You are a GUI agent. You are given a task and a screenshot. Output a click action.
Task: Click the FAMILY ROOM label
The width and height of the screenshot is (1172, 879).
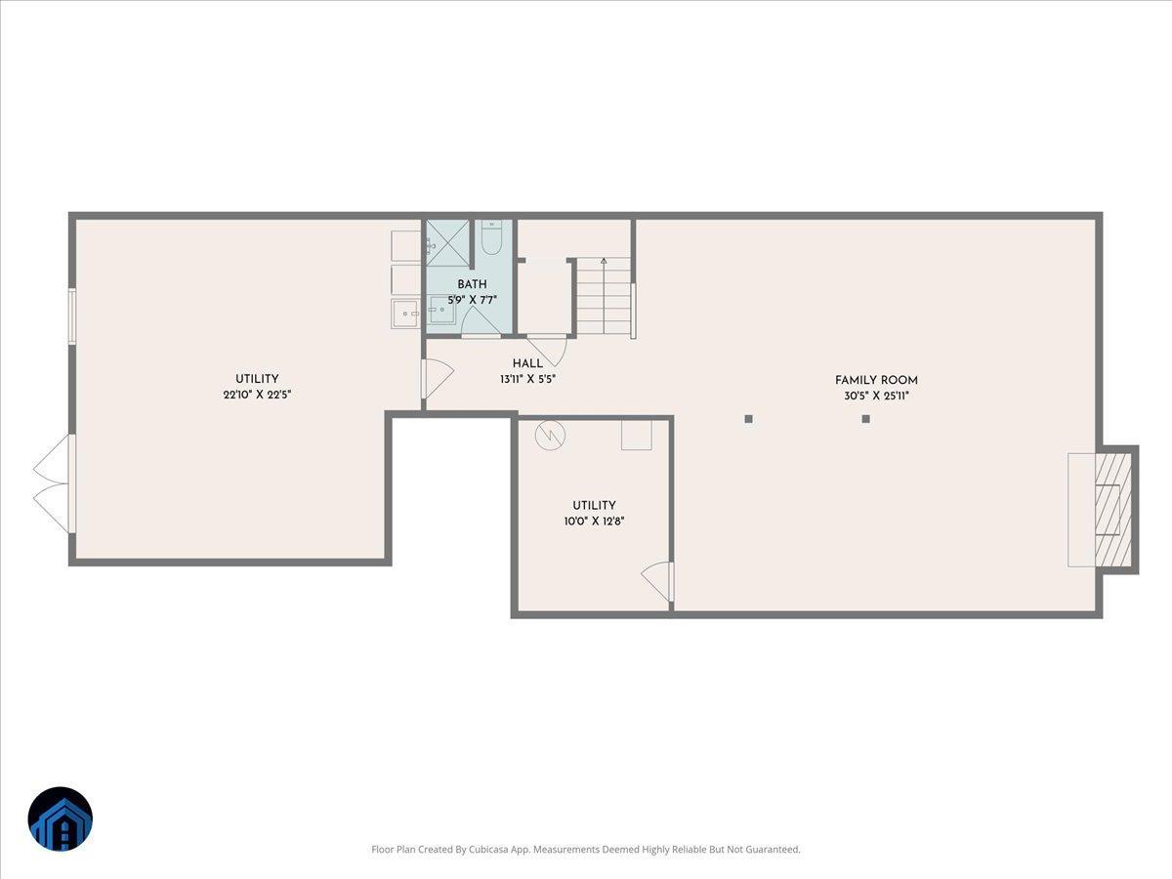876,380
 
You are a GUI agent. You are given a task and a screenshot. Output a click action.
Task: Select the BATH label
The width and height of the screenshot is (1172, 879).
472,284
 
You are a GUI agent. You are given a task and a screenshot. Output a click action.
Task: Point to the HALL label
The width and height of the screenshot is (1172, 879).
527,363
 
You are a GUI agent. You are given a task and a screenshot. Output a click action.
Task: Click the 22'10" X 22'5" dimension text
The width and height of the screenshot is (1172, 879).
257,395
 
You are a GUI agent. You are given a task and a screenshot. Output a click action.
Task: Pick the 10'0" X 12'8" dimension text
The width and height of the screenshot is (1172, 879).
594,521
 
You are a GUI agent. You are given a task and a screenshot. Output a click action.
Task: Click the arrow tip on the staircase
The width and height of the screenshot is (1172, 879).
604,261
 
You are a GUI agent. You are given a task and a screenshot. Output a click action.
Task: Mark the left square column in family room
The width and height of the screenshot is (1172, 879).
749,419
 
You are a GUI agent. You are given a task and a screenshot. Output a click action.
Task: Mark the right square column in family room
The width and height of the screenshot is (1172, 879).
865,419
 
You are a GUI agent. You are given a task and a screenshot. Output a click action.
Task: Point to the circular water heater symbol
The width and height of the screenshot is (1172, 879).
549,435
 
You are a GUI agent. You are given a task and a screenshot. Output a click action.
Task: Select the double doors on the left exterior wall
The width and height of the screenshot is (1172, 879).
54,483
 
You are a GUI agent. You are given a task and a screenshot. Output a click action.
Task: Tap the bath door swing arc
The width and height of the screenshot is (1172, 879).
480,320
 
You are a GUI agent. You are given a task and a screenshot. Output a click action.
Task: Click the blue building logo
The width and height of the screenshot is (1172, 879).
60,818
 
